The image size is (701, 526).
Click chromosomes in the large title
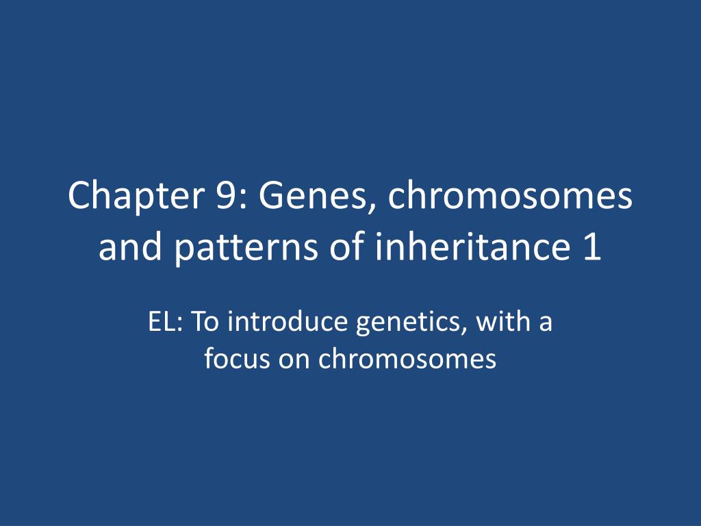point(511,197)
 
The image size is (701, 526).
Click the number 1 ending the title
point(592,248)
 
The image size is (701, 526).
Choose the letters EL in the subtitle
point(162,321)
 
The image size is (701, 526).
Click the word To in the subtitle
point(205,321)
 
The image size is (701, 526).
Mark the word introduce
point(288,321)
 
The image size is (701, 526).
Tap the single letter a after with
point(545,323)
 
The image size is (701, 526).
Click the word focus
point(236,358)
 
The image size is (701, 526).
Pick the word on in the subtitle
point(294,359)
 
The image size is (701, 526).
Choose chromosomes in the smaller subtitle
point(407,358)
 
